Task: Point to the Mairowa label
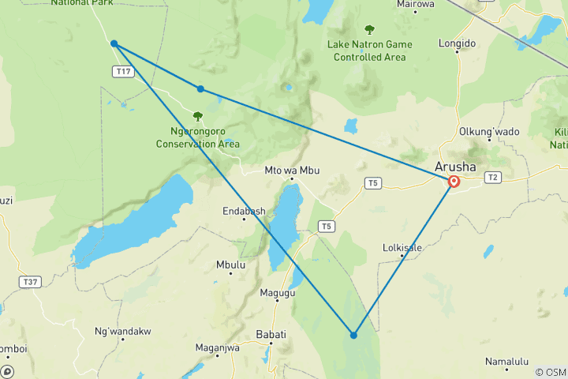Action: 416,4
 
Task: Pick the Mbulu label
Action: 230,265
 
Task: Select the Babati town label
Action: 271,335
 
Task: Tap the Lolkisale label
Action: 402,248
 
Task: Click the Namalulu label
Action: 506,362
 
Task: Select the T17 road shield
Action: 122,72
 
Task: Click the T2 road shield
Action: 494,177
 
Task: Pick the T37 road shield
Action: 31,282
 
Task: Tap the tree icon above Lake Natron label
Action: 369,30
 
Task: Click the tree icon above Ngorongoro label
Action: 197,116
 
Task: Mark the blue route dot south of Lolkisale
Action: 354,335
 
